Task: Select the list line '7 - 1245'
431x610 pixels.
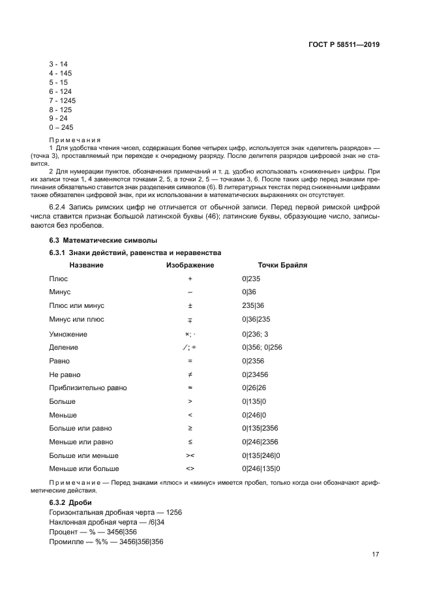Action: click(62, 100)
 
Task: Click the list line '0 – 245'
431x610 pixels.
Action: click(61, 128)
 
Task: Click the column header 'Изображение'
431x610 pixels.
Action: click(190, 266)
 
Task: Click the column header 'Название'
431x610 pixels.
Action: click(86, 266)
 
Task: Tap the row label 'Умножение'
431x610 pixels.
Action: click(68, 334)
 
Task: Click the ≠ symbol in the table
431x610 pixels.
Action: click(190, 374)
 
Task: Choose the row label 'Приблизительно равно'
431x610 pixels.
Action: click(88, 388)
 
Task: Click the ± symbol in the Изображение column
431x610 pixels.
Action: click(190, 305)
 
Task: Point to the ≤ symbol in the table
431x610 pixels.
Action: click(190, 442)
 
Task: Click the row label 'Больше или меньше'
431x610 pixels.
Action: click(83, 455)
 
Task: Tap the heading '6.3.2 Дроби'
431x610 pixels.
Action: click(70, 503)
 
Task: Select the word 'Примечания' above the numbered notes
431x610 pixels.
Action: click(74, 140)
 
